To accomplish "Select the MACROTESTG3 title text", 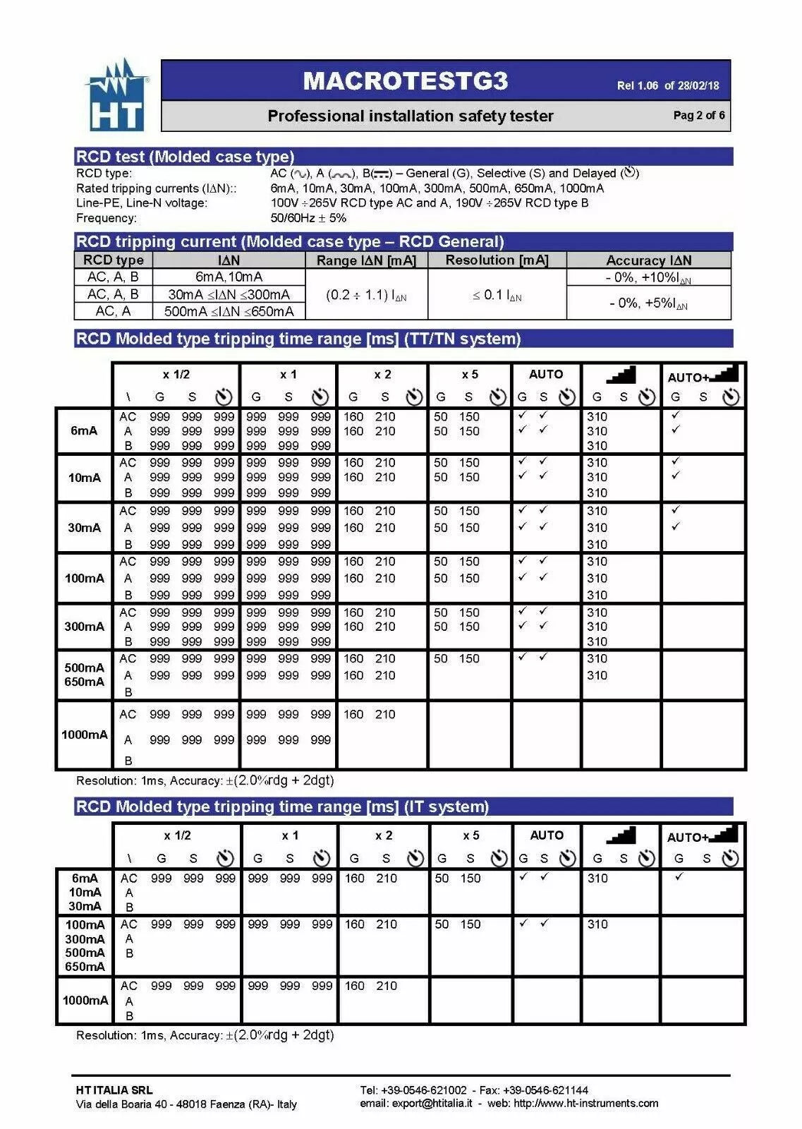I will pyautogui.click(x=405, y=81).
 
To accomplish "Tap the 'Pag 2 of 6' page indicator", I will pyautogui.click(x=698, y=115).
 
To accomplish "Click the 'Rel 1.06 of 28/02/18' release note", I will pyautogui.click(x=667, y=85).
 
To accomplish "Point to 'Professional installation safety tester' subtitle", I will pyautogui.click(x=410, y=116).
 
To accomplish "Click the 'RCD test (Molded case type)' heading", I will pyautogui.click(x=186, y=157).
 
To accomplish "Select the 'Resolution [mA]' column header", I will pyautogui.click(x=497, y=260).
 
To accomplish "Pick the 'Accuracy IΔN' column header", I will pyautogui.click(x=648, y=260).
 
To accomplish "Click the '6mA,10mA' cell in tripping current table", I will pyautogui.click(x=229, y=277).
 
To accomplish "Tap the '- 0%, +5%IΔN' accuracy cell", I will pyautogui.click(x=648, y=303).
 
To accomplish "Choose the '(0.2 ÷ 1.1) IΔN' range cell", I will pyautogui.click(x=366, y=295).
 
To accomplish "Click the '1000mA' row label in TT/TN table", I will pyautogui.click(x=84, y=735).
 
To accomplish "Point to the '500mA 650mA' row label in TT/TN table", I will pyautogui.click(x=84, y=675).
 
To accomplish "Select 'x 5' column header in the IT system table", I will pyautogui.click(x=470, y=835).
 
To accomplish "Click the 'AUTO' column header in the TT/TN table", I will pyautogui.click(x=546, y=374).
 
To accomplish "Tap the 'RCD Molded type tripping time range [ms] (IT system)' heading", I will pyautogui.click(x=282, y=807).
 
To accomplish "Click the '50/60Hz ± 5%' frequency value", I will pyautogui.click(x=308, y=218).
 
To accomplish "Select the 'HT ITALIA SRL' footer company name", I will pyautogui.click(x=114, y=1090).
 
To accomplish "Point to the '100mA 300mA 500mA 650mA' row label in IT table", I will pyautogui.click(x=85, y=946).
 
